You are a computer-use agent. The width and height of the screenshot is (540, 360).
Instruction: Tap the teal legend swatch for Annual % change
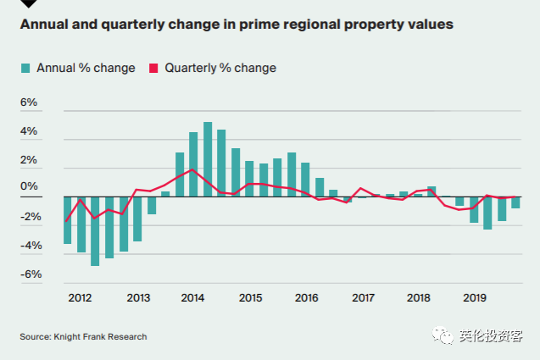coord(25,68)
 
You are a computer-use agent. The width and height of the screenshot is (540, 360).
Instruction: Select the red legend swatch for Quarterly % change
coord(154,68)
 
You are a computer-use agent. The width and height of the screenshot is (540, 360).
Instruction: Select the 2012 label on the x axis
coord(80,298)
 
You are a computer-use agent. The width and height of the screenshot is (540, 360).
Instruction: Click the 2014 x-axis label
coord(193,298)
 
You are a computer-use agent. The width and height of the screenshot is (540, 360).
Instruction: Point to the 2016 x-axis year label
coord(306,298)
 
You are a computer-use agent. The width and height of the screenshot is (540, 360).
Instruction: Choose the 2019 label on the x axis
coord(474,298)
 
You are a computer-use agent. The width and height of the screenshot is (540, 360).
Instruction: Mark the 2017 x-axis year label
coord(363,298)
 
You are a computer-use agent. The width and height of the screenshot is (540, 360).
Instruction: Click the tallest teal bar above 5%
coord(208,159)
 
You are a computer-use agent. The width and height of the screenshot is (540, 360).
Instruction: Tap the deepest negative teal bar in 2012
coord(95,231)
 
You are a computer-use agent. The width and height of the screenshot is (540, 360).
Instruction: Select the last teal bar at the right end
coord(515,202)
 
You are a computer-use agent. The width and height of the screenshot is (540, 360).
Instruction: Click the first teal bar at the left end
coord(67,220)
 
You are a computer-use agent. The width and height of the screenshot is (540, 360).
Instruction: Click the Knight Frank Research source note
coord(83,337)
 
